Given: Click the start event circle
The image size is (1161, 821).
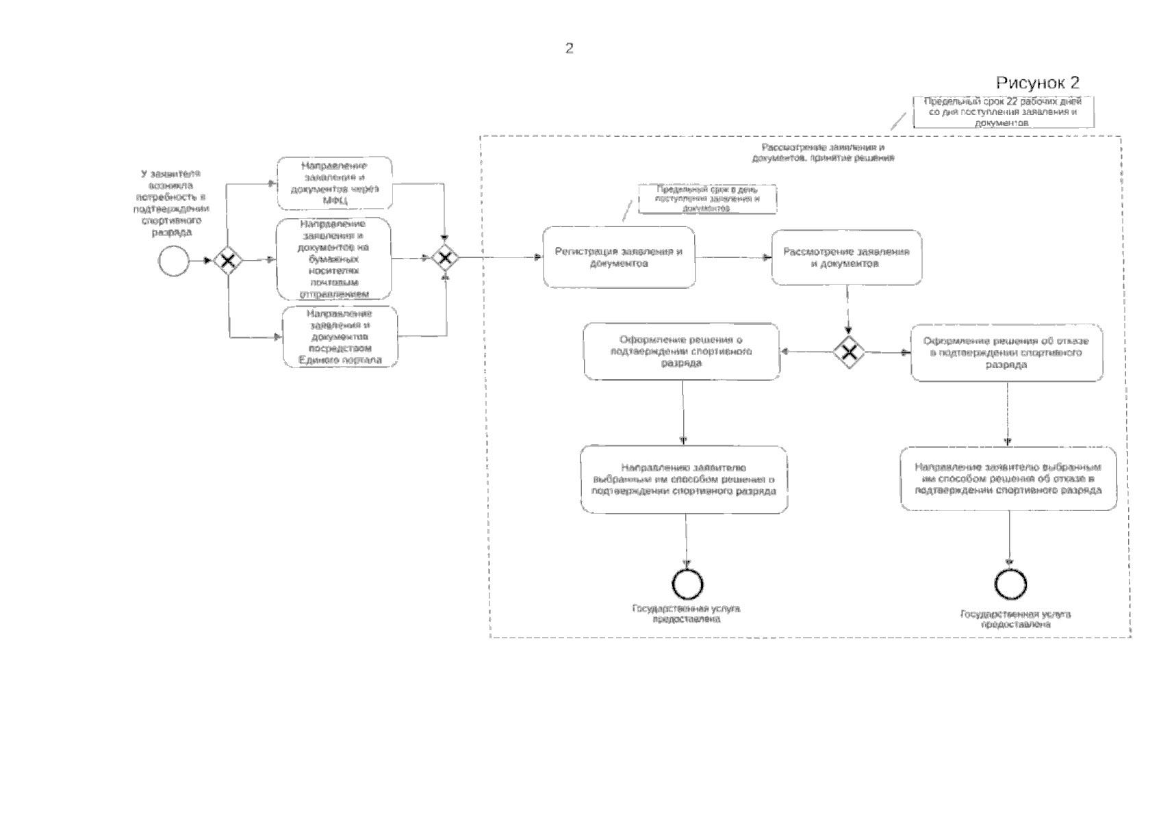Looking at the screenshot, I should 173,261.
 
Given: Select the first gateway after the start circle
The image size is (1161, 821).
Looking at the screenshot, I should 227,261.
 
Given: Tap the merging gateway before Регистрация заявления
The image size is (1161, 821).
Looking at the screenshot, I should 446,258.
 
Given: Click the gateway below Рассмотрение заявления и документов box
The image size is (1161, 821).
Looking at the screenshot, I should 849,352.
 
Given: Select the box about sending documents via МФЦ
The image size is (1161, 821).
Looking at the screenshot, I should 335,183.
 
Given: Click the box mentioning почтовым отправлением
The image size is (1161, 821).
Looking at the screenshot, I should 334,259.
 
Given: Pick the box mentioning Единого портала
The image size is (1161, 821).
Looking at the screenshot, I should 340,337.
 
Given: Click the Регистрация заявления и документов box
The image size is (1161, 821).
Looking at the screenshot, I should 619,257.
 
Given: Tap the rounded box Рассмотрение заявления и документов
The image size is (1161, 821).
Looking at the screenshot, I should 846,257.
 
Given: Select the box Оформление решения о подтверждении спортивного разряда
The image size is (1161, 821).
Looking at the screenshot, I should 681,352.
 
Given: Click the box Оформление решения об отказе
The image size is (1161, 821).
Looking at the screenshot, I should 1006,352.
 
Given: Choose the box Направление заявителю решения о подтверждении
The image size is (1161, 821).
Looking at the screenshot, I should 683,480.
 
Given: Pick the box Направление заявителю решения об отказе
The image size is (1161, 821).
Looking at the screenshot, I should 1008,479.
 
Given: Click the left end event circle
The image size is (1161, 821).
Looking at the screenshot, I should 687,584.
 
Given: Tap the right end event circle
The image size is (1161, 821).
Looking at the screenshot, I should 1010,584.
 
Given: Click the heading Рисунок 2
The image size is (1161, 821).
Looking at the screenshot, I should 1037,83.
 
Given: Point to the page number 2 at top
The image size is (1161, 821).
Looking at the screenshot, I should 569,49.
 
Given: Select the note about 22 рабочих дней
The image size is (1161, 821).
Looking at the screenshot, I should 1003,112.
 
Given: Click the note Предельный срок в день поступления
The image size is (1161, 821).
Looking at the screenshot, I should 707,199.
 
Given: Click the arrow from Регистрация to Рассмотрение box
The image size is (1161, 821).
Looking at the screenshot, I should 733,258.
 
